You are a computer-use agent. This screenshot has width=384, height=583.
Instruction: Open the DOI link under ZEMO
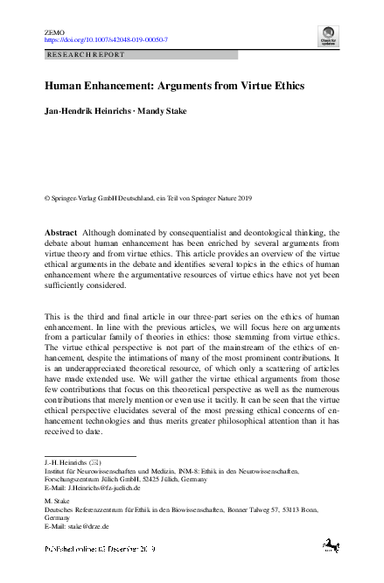(x=106, y=40)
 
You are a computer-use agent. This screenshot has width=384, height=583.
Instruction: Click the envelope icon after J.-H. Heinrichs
(x=99, y=462)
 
